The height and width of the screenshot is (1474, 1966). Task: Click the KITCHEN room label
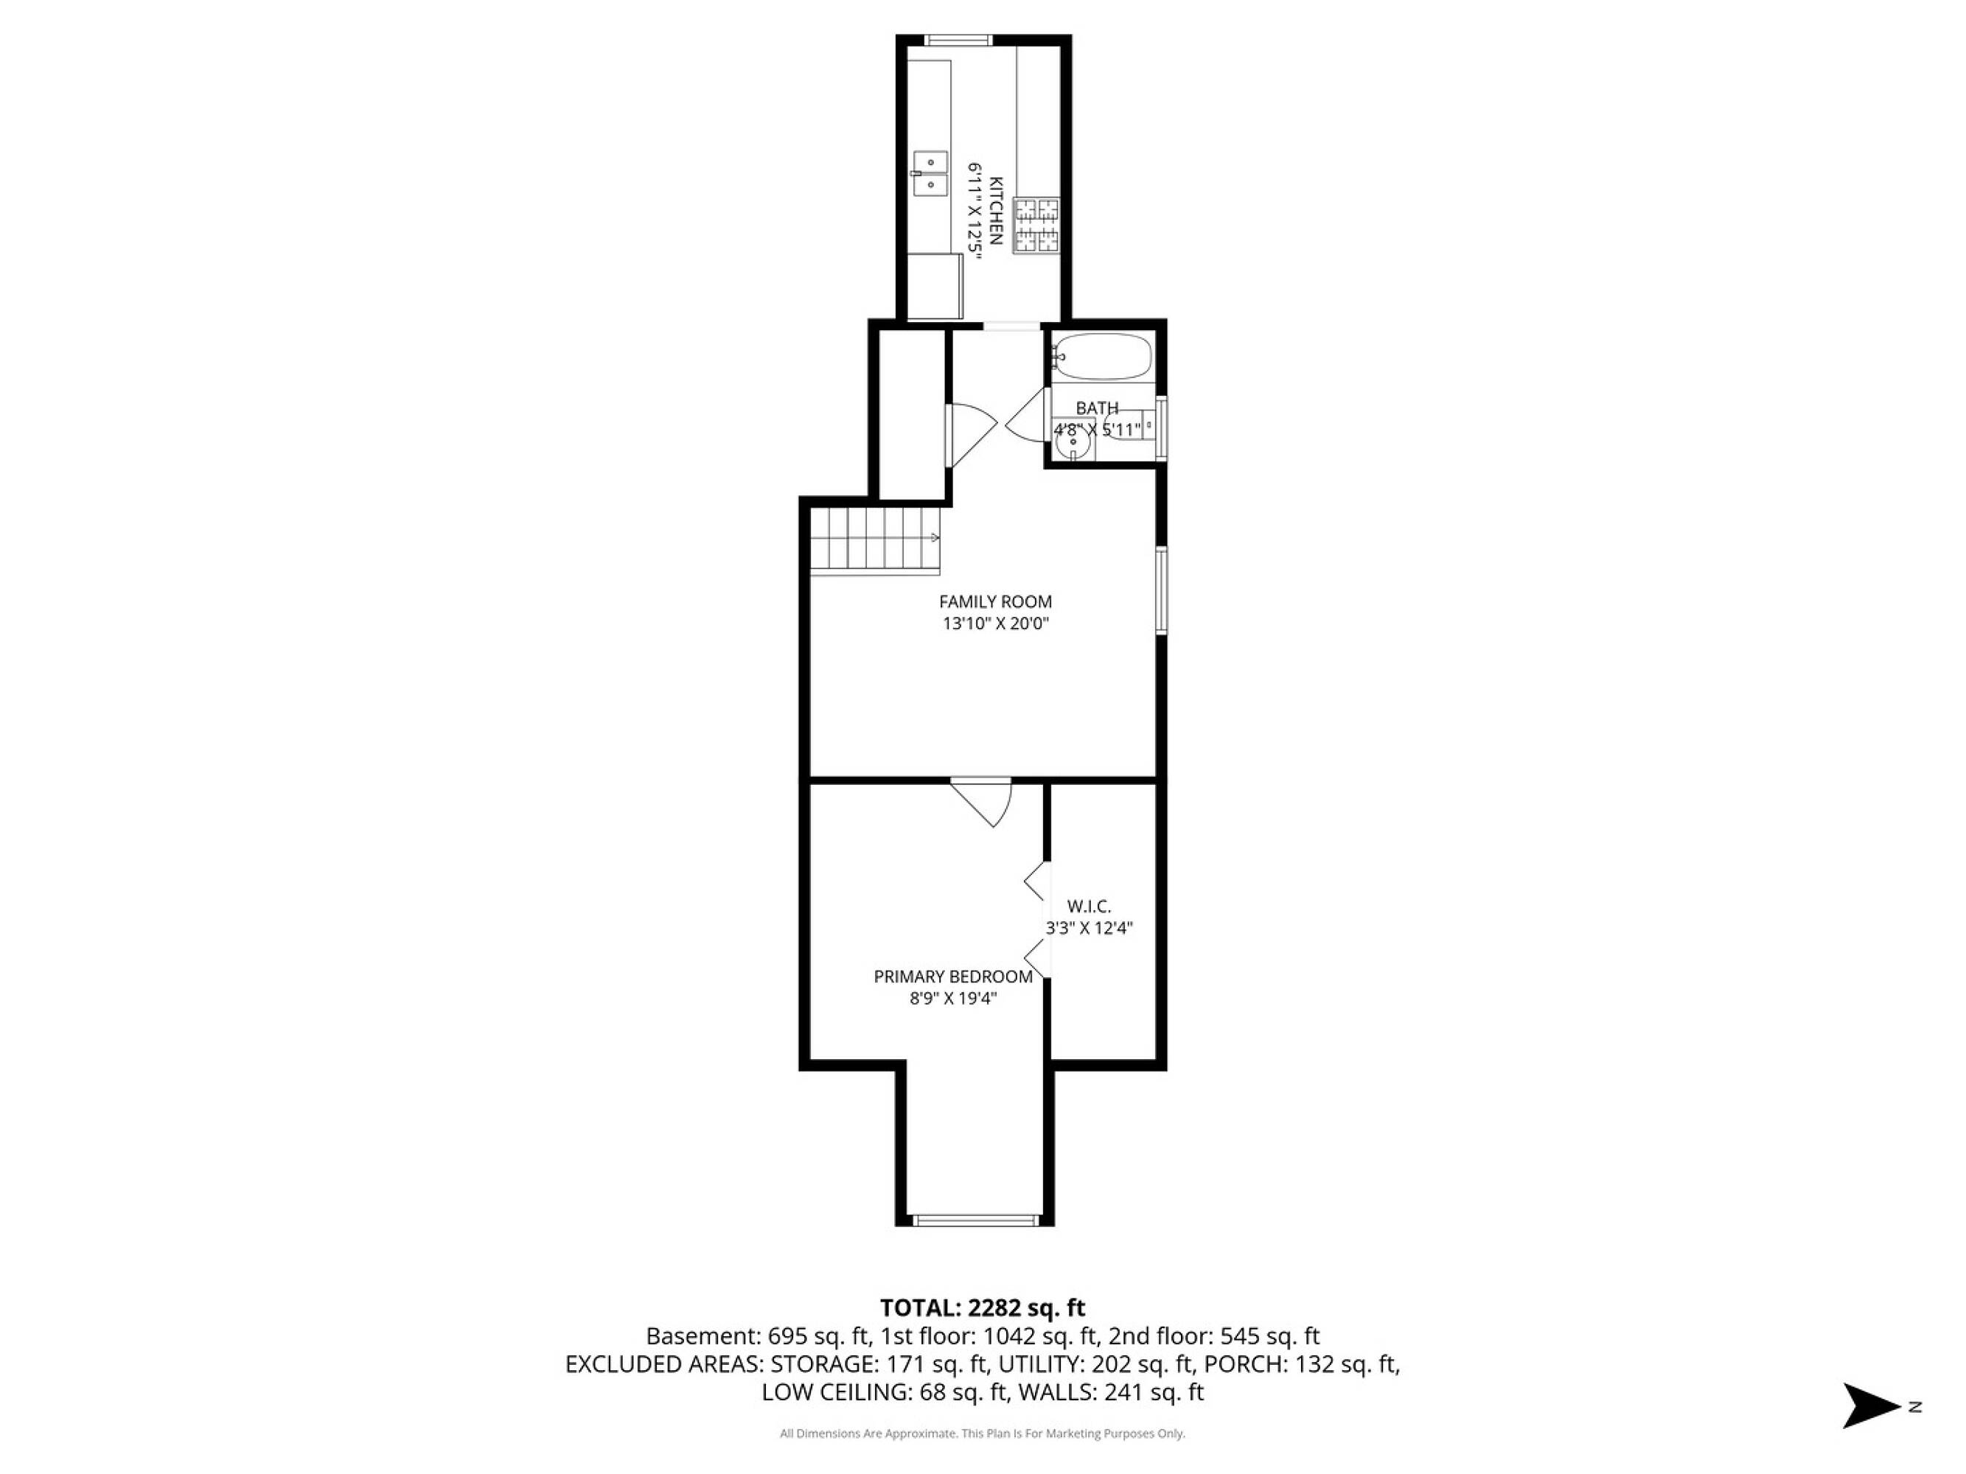click(x=997, y=211)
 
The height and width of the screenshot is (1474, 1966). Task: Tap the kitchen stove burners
click(x=1037, y=226)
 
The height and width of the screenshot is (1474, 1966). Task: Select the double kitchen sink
click(x=930, y=173)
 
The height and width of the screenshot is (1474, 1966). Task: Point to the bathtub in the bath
click(x=1102, y=357)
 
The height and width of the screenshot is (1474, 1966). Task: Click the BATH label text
click(x=1097, y=408)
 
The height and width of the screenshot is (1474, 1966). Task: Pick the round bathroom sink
click(x=1073, y=440)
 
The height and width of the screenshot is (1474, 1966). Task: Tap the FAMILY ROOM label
click(x=995, y=601)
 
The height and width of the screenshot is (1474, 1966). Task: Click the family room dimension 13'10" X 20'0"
click(x=995, y=624)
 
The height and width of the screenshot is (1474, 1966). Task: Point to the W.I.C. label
click(x=1089, y=907)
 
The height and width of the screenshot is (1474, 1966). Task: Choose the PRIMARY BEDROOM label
click(x=953, y=977)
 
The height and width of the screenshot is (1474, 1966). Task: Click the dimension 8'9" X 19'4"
click(x=953, y=999)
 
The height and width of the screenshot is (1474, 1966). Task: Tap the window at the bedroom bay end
click(x=975, y=1220)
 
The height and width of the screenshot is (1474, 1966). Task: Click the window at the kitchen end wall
click(x=958, y=39)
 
